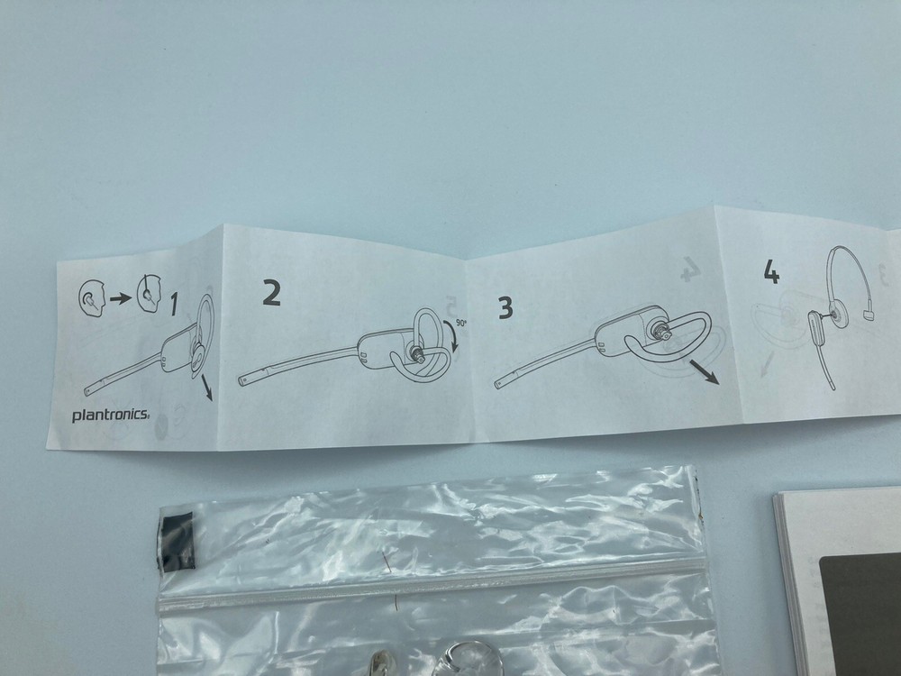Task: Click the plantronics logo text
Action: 110,415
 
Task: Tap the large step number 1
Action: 174,304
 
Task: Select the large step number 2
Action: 271,292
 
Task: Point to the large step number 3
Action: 505,307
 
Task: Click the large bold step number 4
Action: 771,272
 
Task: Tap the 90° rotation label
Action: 461,323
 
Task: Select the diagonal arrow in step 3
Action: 704,371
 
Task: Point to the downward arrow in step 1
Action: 207,388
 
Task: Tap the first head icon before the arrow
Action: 91,298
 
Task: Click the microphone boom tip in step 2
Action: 243,380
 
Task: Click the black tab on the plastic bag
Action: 177,542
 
